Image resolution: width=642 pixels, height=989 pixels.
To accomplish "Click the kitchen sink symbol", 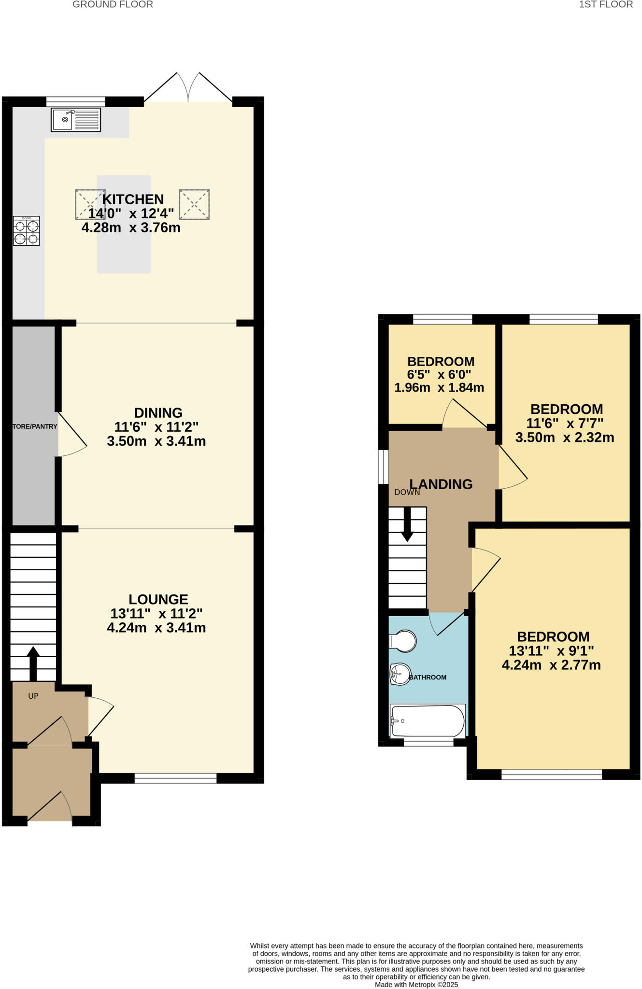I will coord(76,120).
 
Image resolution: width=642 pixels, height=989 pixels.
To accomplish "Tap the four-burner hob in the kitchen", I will coord(26,231).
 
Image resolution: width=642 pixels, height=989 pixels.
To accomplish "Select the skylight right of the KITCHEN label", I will coord(194,205).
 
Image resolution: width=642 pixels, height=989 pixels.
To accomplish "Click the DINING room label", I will coord(158,413).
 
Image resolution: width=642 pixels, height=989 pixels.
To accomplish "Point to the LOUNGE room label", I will coord(158,599).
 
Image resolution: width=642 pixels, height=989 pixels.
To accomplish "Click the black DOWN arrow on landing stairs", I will coord(407,524).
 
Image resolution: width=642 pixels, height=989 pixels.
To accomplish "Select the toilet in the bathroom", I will coord(403,641).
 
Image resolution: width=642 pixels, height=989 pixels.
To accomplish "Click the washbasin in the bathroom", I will coord(400,674).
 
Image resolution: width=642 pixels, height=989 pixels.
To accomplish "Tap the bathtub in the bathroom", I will coord(428,721).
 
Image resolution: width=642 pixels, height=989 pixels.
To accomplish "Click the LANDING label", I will coord(441,484).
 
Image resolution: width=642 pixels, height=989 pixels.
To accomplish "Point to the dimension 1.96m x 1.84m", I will coord(439,387).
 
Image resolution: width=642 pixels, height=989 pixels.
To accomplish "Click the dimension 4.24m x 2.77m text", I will coord(551,665).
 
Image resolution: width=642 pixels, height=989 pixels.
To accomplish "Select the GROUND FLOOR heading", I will coord(113,5).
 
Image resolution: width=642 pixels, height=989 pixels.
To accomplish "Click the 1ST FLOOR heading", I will coord(606,5).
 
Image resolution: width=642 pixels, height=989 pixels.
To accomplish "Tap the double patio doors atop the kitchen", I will coord(188,89).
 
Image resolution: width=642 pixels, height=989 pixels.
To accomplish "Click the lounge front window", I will coord(175,778).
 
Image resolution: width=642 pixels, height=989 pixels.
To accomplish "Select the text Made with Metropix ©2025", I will coord(416,984).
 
